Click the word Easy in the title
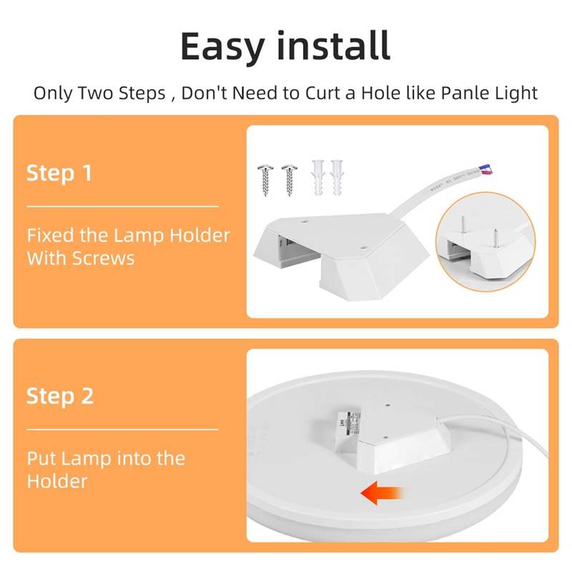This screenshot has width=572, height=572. click(x=222, y=46)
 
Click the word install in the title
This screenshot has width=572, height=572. click(x=333, y=45)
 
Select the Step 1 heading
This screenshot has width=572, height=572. click(x=59, y=174)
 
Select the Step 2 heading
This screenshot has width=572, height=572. click(x=60, y=397)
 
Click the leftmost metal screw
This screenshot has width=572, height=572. click(x=265, y=180)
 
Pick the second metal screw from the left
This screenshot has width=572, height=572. click(x=290, y=180)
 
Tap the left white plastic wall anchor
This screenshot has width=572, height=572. click(x=317, y=177)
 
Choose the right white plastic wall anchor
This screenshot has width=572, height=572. click(x=337, y=177)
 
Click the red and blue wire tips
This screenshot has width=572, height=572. click(x=486, y=169)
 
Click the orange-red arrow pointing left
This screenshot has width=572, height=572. click(x=382, y=493)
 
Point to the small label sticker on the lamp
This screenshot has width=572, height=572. click(x=348, y=426)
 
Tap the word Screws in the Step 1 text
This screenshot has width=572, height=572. click(x=104, y=258)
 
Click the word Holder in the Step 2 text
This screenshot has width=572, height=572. click(x=57, y=481)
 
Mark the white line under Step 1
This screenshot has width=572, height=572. click(x=122, y=207)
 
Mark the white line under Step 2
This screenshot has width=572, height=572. click(x=122, y=430)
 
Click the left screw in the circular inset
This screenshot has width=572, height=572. click(x=463, y=225)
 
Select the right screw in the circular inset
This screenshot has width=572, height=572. click(x=495, y=238)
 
